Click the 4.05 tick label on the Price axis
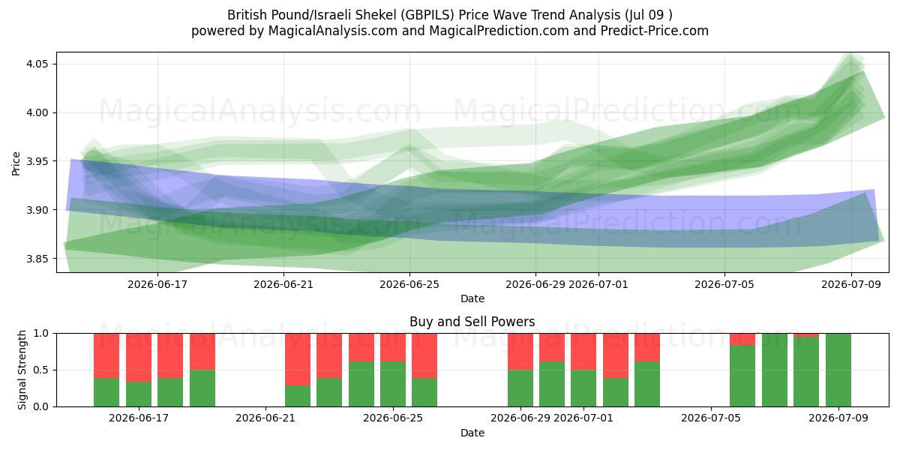(37, 64)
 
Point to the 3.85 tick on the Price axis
(37, 259)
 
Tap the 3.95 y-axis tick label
(37, 161)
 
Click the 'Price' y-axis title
(16, 163)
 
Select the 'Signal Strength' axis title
(22, 370)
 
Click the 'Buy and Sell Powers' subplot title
(472, 322)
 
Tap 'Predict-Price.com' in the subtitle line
(655, 31)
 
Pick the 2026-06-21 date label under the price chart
(283, 284)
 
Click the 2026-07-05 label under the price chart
(724, 284)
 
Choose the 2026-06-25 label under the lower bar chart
(393, 418)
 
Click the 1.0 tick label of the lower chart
(40, 334)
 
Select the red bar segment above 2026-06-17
(139, 358)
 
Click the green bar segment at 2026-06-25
(393, 384)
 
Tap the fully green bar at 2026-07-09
(838, 370)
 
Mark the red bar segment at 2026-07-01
(583, 352)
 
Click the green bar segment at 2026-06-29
(520, 388)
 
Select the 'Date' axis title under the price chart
(472, 298)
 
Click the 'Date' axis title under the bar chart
(472, 433)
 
